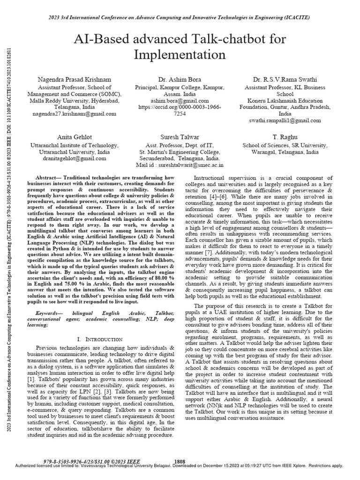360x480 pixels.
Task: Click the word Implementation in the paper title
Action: click(180, 55)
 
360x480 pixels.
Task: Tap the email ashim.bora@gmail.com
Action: click(180, 100)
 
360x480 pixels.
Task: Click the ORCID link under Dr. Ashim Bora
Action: click(180, 110)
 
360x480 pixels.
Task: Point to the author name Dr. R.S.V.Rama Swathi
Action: click(285, 80)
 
